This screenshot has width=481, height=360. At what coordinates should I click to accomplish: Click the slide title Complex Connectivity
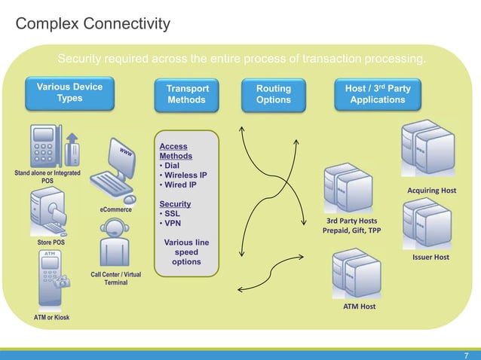[93, 26]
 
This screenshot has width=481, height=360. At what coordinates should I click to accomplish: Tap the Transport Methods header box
[186, 94]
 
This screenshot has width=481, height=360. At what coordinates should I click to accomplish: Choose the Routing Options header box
[274, 94]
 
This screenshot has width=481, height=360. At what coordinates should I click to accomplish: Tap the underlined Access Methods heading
[175, 151]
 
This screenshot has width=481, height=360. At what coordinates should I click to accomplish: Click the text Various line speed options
[186, 252]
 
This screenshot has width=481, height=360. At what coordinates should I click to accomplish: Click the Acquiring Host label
[432, 191]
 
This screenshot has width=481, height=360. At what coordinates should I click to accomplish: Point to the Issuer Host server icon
[426, 225]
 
